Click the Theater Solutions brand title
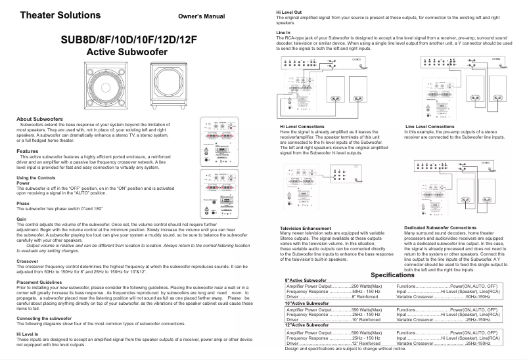coord(60,14)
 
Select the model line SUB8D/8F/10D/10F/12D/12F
coord(129,39)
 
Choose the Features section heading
coord(27,151)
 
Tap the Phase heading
coord(22,204)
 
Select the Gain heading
coord(21,219)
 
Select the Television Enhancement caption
coord(311,228)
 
